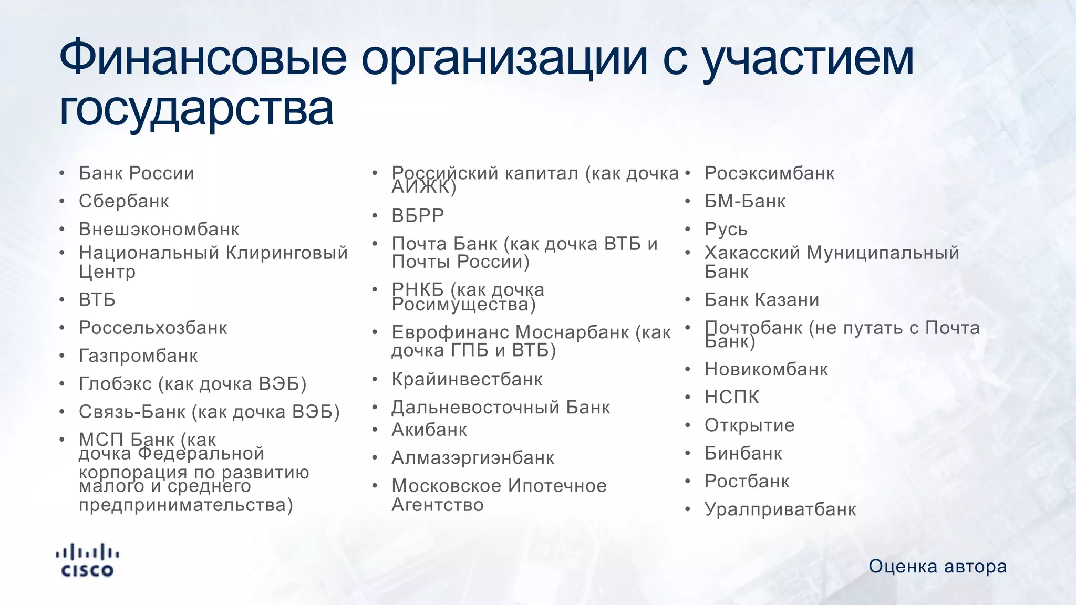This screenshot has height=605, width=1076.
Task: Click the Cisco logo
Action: pyautogui.click(x=87, y=561)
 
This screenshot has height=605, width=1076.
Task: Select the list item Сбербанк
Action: pyautogui.click(x=124, y=201)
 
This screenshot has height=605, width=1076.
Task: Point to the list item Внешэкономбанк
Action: pyautogui.click(x=159, y=230)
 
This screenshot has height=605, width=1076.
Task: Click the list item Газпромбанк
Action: pyautogui.click(x=138, y=356)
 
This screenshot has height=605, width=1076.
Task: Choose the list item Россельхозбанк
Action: pyautogui.click(x=153, y=328)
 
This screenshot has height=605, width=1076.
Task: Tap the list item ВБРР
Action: pyautogui.click(x=418, y=216)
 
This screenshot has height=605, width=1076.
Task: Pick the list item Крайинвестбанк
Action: pyautogui.click(x=467, y=379)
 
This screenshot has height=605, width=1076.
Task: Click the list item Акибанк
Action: pyautogui.click(x=429, y=430)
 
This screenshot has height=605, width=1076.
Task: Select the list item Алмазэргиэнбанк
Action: pyautogui.click(x=473, y=458)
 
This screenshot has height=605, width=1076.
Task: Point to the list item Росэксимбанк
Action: pyautogui.click(x=769, y=173)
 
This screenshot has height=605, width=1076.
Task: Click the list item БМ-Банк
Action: pyautogui.click(x=745, y=201)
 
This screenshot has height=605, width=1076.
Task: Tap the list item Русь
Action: pyautogui.click(x=726, y=230)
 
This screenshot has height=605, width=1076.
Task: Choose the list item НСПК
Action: pyautogui.click(x=732, y=397)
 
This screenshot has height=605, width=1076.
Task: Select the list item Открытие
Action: pyautogui.click(x=750, y=425)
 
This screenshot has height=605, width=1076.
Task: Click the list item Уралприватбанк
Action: pyautogui.click(x=780, y=509)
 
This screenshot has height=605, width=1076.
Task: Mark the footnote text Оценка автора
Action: pyautogui.click(x=937, y=567)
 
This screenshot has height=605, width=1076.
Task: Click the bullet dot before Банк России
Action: pyautogui.click(x=62, y=173)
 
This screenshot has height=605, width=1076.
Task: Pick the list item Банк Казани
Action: pyautogui.click(x=762, y=300)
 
